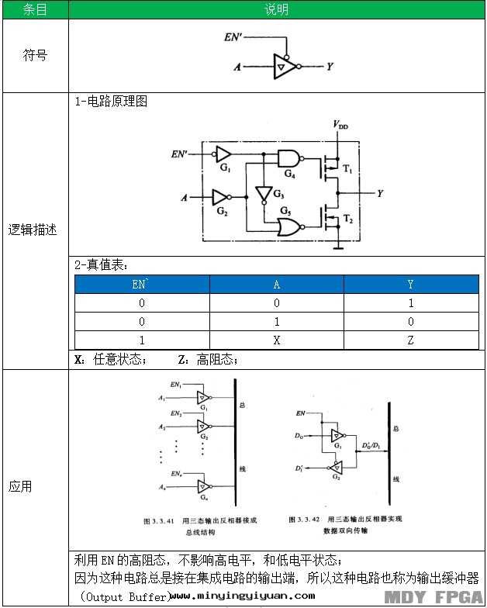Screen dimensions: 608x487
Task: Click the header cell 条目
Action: pyautogui.click(x=34, y=9)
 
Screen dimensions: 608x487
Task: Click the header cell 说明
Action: pyautogui.click(x=277, y=9)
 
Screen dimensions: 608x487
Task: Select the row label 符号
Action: pyautogui.click(x=34, y=56)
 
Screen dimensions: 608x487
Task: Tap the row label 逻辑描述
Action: pyautogui.click(x=34, y=230)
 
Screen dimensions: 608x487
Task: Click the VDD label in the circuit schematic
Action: pyautogui.click(x=340, y=124)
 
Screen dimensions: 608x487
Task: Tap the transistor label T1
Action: pyautogui.click(x=347, y=168)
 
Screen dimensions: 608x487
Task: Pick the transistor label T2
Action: pyautogui.click(x=347, y=221)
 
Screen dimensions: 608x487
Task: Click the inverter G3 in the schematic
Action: pyautogui.click(x=264, y=192)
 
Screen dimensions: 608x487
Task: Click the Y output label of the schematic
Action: pyautogui.click(x=379, y=193)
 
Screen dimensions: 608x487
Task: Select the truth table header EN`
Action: pyautogui.click(x=141, y=284)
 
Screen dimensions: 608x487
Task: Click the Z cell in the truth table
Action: pyautogui.click(x=410, y=340)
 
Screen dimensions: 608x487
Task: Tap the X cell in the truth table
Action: pyautogui.click(x=276, y=340)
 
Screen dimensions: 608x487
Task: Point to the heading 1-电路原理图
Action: pyautogui.click(x=111, y=102)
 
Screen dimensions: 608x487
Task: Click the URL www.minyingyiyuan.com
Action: pyautogui.click(x=242, y=596)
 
